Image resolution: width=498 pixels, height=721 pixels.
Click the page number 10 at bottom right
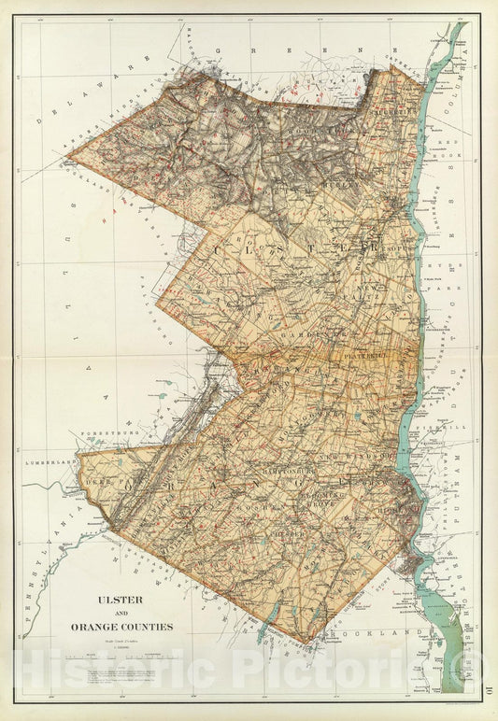click(x=489, y=692)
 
